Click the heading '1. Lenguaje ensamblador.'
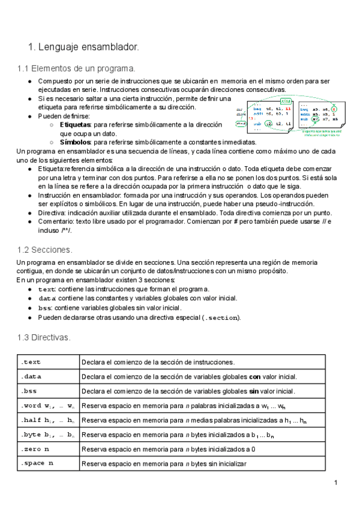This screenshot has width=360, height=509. click(83, 46)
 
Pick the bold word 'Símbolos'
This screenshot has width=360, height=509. click(76, 142)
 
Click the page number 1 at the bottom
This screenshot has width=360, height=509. click(337, 483)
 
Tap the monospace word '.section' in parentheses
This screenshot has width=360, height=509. click(221, 318)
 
